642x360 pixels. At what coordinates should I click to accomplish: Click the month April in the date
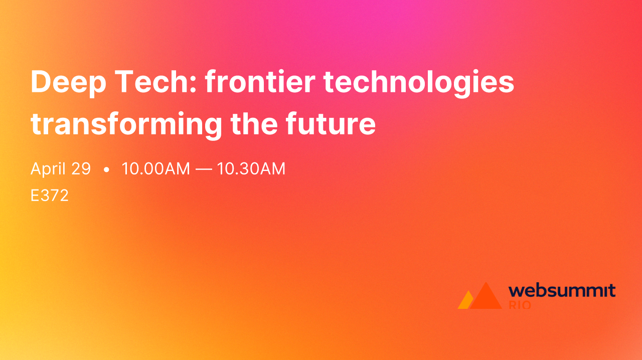(48, 169)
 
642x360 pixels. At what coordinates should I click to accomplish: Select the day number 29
(81, 169)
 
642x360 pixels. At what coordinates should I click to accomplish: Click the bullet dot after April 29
(106, 170)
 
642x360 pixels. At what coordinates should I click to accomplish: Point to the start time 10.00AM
(155, 169)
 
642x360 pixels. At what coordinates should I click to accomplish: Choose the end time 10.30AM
(251, 169)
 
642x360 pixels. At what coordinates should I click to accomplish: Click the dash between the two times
(203, 169)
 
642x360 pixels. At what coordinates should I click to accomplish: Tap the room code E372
(49, 196)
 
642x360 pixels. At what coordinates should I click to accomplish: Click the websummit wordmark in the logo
(562, 290)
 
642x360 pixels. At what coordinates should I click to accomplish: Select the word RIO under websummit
(520, 305)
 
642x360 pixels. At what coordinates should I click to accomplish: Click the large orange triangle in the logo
(485, 298)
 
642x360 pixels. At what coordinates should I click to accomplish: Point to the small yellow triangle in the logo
(465, 301)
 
